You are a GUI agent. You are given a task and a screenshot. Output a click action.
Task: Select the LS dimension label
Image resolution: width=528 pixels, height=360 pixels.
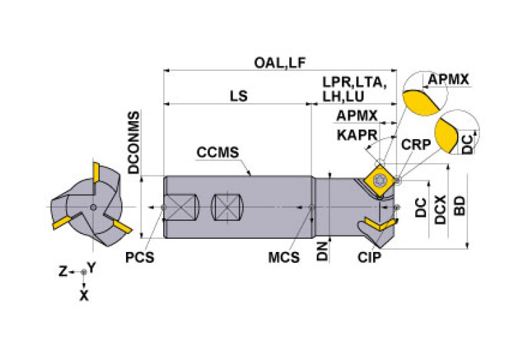[x=238, y=96]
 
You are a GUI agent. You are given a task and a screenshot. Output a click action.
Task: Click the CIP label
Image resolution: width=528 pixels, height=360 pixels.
[x=370, y=257]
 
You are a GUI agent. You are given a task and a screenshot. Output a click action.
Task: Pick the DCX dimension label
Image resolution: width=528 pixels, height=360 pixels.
[x=441, y=210]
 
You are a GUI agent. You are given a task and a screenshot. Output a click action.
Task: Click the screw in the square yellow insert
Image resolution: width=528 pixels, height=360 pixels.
[x=380, y=178]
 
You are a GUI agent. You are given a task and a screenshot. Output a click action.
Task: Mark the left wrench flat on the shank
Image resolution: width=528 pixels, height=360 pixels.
[x=182, y=207]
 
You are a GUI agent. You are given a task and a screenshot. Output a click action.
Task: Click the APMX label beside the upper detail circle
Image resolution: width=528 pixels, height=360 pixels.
[x=448, y=80]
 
